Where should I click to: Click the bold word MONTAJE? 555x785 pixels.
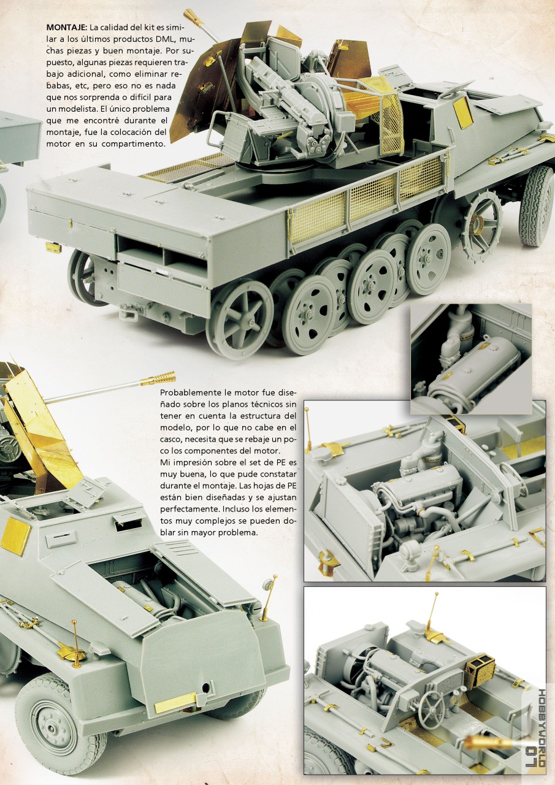click(x=66, y=28)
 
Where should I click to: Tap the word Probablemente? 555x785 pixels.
click(x=187, y=392)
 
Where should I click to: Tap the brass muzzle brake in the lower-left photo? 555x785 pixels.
click(x=158, y=378)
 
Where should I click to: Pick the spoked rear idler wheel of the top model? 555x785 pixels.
click(x=240, y=319)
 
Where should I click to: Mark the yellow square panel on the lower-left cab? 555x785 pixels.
click(x=16, y=535)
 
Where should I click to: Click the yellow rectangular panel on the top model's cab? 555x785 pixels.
click(x=462, y=112)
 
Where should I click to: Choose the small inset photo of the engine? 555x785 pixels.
click(x=471, y=359)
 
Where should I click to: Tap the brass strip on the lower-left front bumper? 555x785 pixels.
click(x=175, y=703)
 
